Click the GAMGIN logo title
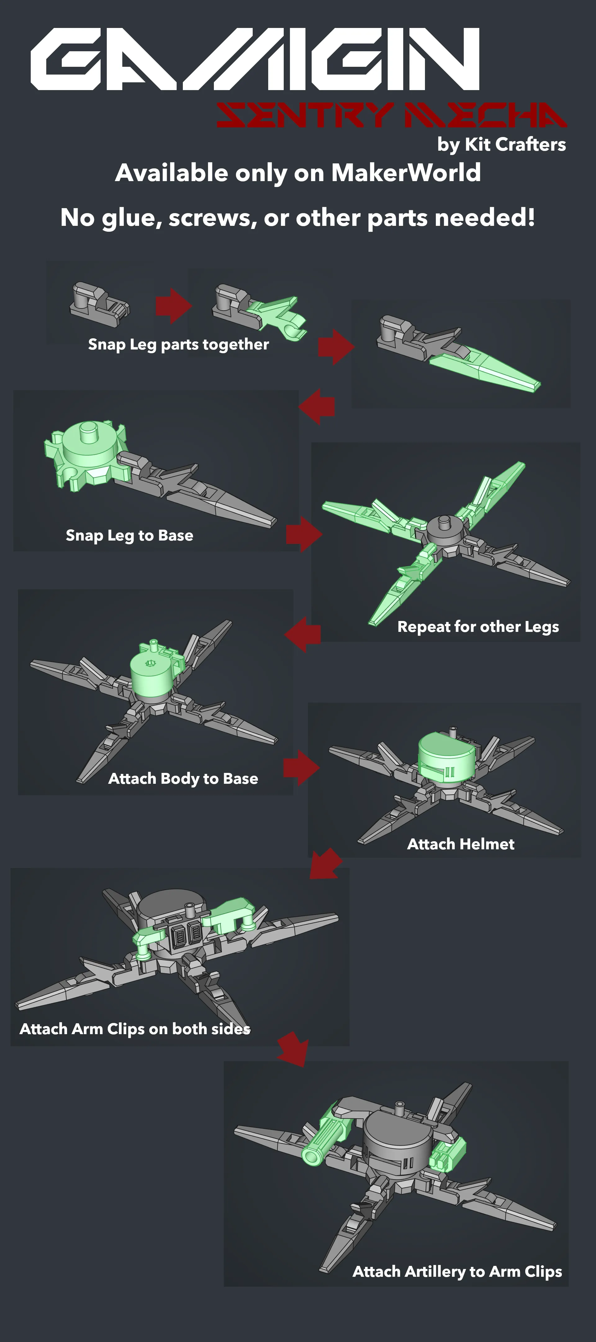[255, 59]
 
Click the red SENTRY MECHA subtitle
[391, 115]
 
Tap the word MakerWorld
[406, 173]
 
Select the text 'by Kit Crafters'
[501, 144]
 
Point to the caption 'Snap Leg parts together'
[178, 345]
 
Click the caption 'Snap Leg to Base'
[130, 536]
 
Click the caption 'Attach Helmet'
[461, 844]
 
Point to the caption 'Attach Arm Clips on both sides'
[135, 1029]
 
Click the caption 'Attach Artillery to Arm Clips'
[458, 1272]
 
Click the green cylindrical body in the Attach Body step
[152, 673]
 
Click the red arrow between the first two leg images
[173, 306]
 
